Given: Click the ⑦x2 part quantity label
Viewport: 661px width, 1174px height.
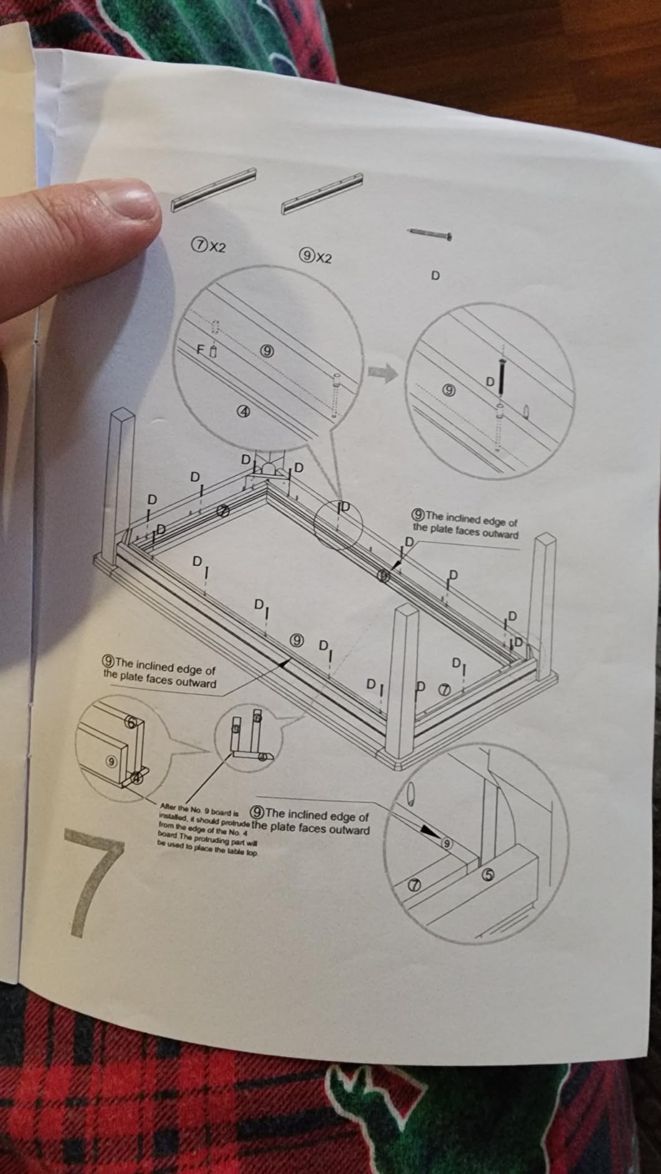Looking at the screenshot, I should (x=208, y=246).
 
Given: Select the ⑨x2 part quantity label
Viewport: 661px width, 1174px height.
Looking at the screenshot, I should (x=316, y=256).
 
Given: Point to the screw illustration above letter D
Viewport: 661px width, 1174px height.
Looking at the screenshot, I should (x=429, y=234).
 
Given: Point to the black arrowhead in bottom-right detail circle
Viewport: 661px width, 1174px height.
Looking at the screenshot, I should (x=429, y=831).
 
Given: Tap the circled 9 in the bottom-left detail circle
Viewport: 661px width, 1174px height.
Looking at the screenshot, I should (x=112, y=761).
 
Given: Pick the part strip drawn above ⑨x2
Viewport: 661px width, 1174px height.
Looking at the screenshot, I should (x=323, y=193).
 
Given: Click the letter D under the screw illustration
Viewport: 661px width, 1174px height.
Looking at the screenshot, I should (x=435, y=275).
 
